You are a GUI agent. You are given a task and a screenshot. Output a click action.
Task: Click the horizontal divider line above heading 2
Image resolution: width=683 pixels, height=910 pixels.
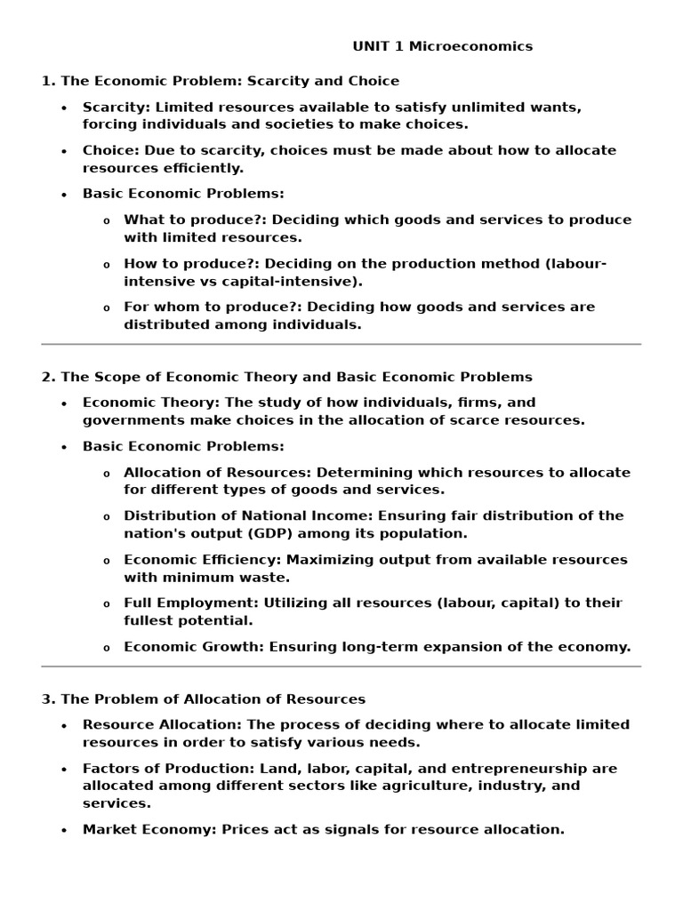point(341,344)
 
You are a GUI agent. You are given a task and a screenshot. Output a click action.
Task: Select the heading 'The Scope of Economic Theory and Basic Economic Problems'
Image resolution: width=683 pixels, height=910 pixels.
point(296,377)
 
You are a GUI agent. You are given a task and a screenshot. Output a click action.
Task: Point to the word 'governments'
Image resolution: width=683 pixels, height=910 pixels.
point(128,420)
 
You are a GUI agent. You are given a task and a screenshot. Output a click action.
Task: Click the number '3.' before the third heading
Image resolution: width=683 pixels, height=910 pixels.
point(48,699)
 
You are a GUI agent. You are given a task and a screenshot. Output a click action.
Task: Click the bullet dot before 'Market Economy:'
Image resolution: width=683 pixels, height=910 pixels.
point(64,830)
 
